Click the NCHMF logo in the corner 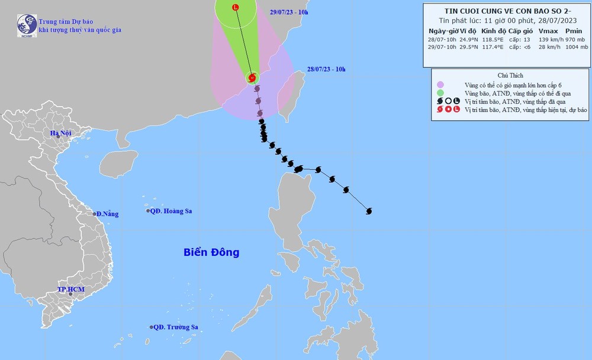[27, 25]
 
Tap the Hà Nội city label [60, 133]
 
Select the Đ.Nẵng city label [107, 214]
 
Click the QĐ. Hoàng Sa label [171, 211]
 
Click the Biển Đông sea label [211, 252]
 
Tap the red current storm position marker [253, 78]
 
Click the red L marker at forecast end [236, 8]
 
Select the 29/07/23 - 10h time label [289, 12]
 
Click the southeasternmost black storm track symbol [369, 211]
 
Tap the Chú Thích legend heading [507, 75]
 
